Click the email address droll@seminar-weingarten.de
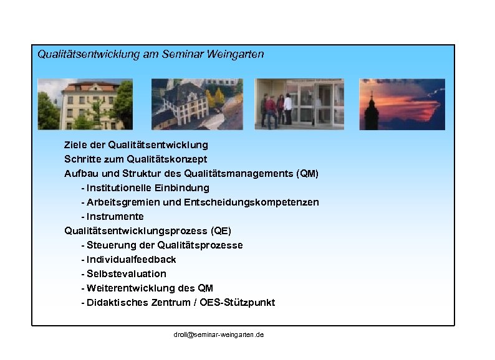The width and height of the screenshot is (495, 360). pyautogui.click(x=218, y=335)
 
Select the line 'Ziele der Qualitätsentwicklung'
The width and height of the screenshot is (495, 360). pyautogui.click(x=136, y=144)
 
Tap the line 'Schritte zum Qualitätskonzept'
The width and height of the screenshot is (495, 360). pyautogui.click(x=136, y=159)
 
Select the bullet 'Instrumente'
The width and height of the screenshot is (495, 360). pyautogui.click(x=115, y=216)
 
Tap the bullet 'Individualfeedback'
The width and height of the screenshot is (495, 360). pyautogui.click(x=132, y=259)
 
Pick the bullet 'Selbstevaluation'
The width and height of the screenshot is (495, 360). pyautogui.click(x=127, y=273)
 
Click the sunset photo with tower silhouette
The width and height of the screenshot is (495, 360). pyautogui.click(x=402, y=103)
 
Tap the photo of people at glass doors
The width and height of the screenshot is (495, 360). pyautogui.click(x=299, y=103)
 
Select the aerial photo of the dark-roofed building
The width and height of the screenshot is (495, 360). pyautogui.click(x=197, y=103)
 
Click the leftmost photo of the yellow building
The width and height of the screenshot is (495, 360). pyautogui.click(x=85, y=103)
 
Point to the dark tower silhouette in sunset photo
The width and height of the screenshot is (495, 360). pyautogui.click(x=372, y=109)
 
